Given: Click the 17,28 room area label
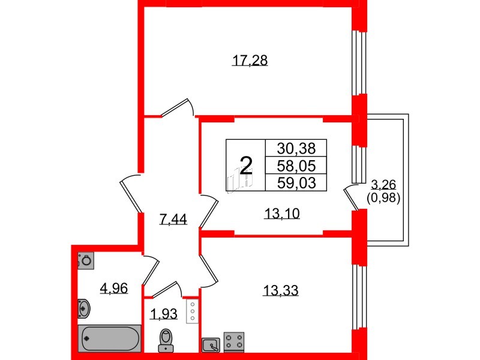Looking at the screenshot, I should (x=249, y=60).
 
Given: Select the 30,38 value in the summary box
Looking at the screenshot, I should (x=296, y=148).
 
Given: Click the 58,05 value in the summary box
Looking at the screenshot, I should (x=296, y=165).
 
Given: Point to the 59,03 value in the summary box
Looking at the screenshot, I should (x=296, y=182).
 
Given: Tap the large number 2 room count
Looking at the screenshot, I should (x=245, y=163).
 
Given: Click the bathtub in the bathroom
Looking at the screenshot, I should (x=109, y=339).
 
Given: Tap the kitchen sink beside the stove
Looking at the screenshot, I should (x=211, y=344).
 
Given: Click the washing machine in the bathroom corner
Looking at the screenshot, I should (x=86, y=260).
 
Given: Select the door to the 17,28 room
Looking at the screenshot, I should (x=178, y=107).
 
